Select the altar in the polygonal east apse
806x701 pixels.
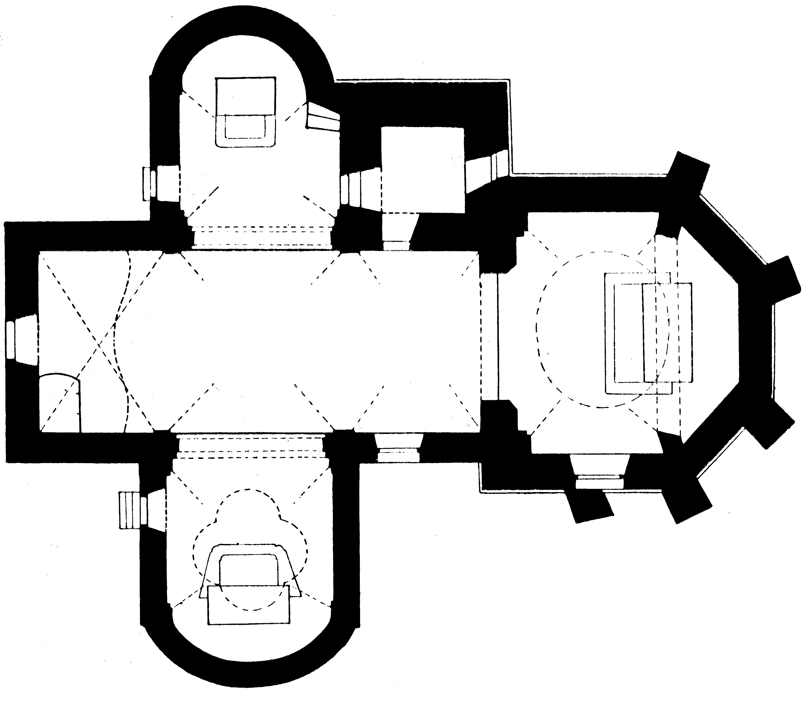click(647, 333)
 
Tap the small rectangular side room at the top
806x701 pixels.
click(423, 170)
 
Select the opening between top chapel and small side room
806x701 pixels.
click(360, 189)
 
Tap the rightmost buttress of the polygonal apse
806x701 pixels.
click(783, 277)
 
